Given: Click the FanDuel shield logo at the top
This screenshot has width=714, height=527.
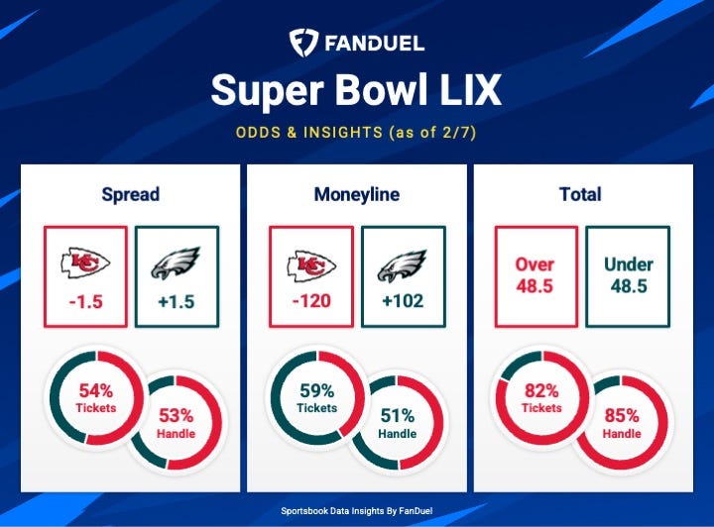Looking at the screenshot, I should tap(303, 43).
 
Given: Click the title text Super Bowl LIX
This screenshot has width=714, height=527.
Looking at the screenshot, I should tap(356, 91).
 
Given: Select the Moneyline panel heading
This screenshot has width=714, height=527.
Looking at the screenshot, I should tap(356, 194).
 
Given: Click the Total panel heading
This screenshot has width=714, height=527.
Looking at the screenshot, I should tap(580, 194).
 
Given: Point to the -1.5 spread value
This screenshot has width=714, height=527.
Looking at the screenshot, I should tap(85, 300).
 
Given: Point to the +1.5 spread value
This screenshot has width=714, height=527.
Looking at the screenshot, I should tap(175, 300).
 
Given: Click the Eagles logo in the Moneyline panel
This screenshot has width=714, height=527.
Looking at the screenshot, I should tap(403, 263).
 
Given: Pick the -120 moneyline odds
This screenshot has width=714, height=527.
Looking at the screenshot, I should tap(311, 300).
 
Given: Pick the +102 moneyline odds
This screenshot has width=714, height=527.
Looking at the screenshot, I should tap(403, 300).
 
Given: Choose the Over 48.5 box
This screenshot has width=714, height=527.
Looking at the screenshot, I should tap(535, 275).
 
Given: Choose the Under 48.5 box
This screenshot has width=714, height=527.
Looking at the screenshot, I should tap(627, 275).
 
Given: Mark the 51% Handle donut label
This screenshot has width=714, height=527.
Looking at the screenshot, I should tap(397, 423).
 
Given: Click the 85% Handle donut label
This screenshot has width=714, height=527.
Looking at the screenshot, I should tap(621, 423).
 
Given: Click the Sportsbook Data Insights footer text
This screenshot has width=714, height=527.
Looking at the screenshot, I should tap(356, 510).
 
